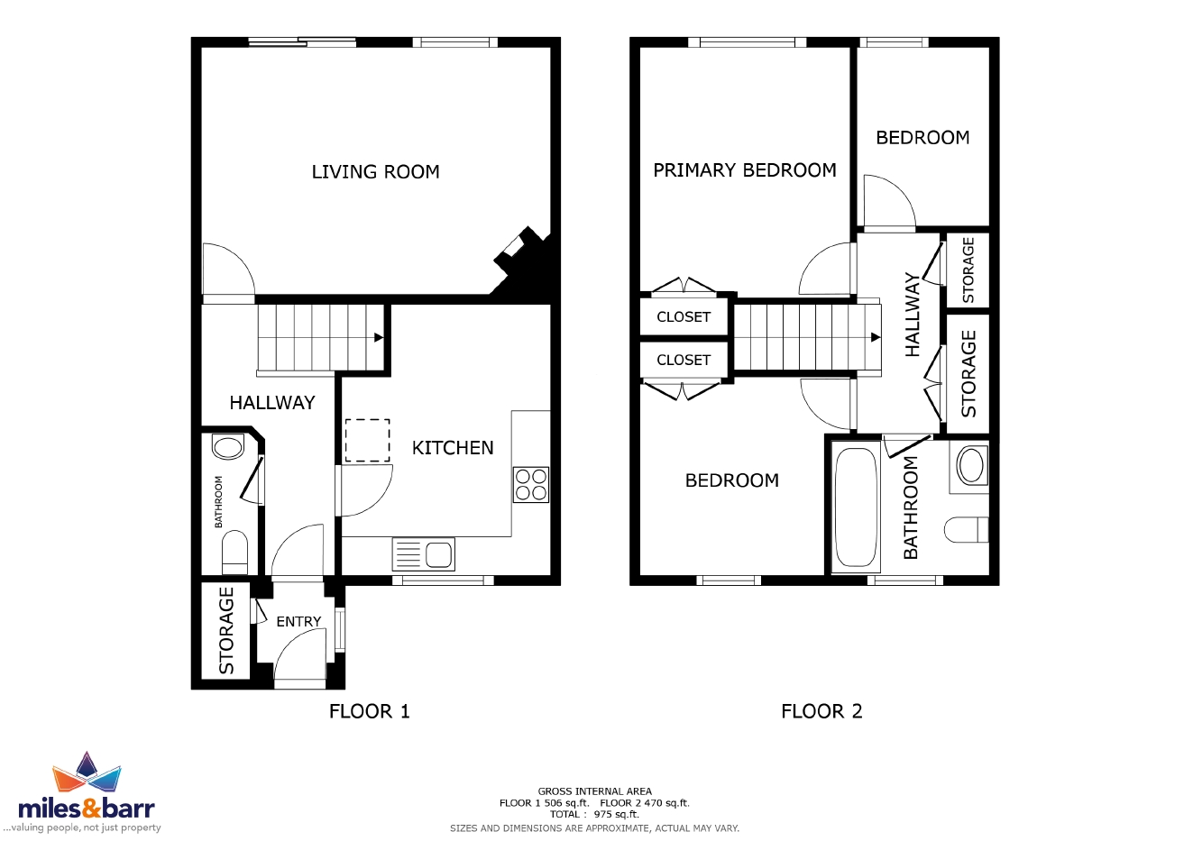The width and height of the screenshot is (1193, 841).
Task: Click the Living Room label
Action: click(x=375, y=172)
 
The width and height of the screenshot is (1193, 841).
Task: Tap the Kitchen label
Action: click(x=453, y=448)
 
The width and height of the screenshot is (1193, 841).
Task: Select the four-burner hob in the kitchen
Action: click(x=531, y=484)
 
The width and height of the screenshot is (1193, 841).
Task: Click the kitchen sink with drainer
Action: click(x=424, y=554)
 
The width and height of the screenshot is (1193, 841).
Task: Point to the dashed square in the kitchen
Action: click(x=368, y=440)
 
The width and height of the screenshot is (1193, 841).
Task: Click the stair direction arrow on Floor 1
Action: click(x=379, y=337)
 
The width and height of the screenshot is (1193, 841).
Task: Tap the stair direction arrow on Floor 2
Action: click(x=875, y=337)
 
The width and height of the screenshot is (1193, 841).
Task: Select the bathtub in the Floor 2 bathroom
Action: click(x=856, y=507)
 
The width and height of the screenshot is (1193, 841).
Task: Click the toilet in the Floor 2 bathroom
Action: click(x=967, y=530)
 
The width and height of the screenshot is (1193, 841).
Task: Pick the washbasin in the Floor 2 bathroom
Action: click(x=971, y=466)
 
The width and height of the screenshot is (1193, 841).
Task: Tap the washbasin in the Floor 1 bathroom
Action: click(x=228, y=447)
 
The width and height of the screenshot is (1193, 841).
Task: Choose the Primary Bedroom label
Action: click(x=745, y=170)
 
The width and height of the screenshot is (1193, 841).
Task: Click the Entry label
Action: click(x=298, y=621)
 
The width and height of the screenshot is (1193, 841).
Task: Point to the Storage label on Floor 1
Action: click(x=226, y=631)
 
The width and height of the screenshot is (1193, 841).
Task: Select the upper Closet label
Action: click(x=684, y=317)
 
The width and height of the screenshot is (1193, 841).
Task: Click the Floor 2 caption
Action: click(x=821, y=711)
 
